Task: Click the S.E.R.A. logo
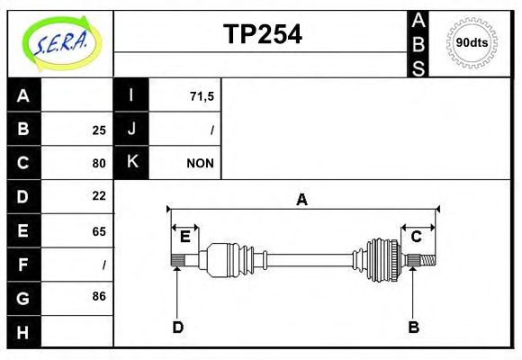(x=59, y=42)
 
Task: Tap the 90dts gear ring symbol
(x=472, y=43)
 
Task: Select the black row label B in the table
(x=23, y=130)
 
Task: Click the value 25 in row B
(x=99, y=130)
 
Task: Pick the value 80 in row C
(x=99, y=164)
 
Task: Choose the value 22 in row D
(x=99, y=195)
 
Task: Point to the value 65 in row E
(x=99, y=231)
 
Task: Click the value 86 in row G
(x=99, y=296)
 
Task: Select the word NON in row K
(x=200, y=164)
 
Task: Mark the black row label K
(x=131, y=163)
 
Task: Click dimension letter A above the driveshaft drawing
(x=302, y=200)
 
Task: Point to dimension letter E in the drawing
(x=185, y=237)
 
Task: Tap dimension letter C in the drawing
(x=417, y=237)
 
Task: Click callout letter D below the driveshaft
(x=177, y=328)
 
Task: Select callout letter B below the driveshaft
(x=413, y=328)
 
